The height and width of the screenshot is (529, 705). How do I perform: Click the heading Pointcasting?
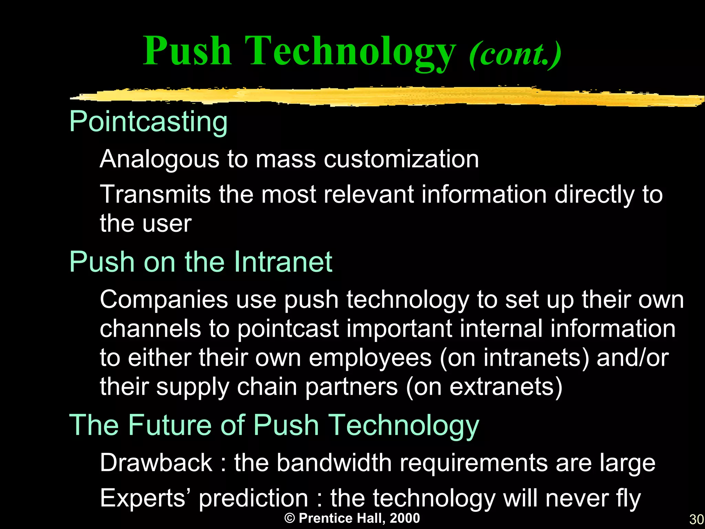click(x=148, y=122)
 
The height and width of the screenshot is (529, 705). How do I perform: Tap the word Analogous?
click(x=159, y=160)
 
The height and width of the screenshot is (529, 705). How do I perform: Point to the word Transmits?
click(x=155, y=194)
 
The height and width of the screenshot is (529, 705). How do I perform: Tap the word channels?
click(x=150, y=329)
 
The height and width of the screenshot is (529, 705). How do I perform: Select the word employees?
click(x=370, y=358)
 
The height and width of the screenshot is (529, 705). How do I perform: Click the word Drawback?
click(x=156, y=463)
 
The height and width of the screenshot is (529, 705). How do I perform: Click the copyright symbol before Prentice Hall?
click(x=290, y=518)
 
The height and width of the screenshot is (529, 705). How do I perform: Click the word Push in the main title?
click(x=187, y=52)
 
